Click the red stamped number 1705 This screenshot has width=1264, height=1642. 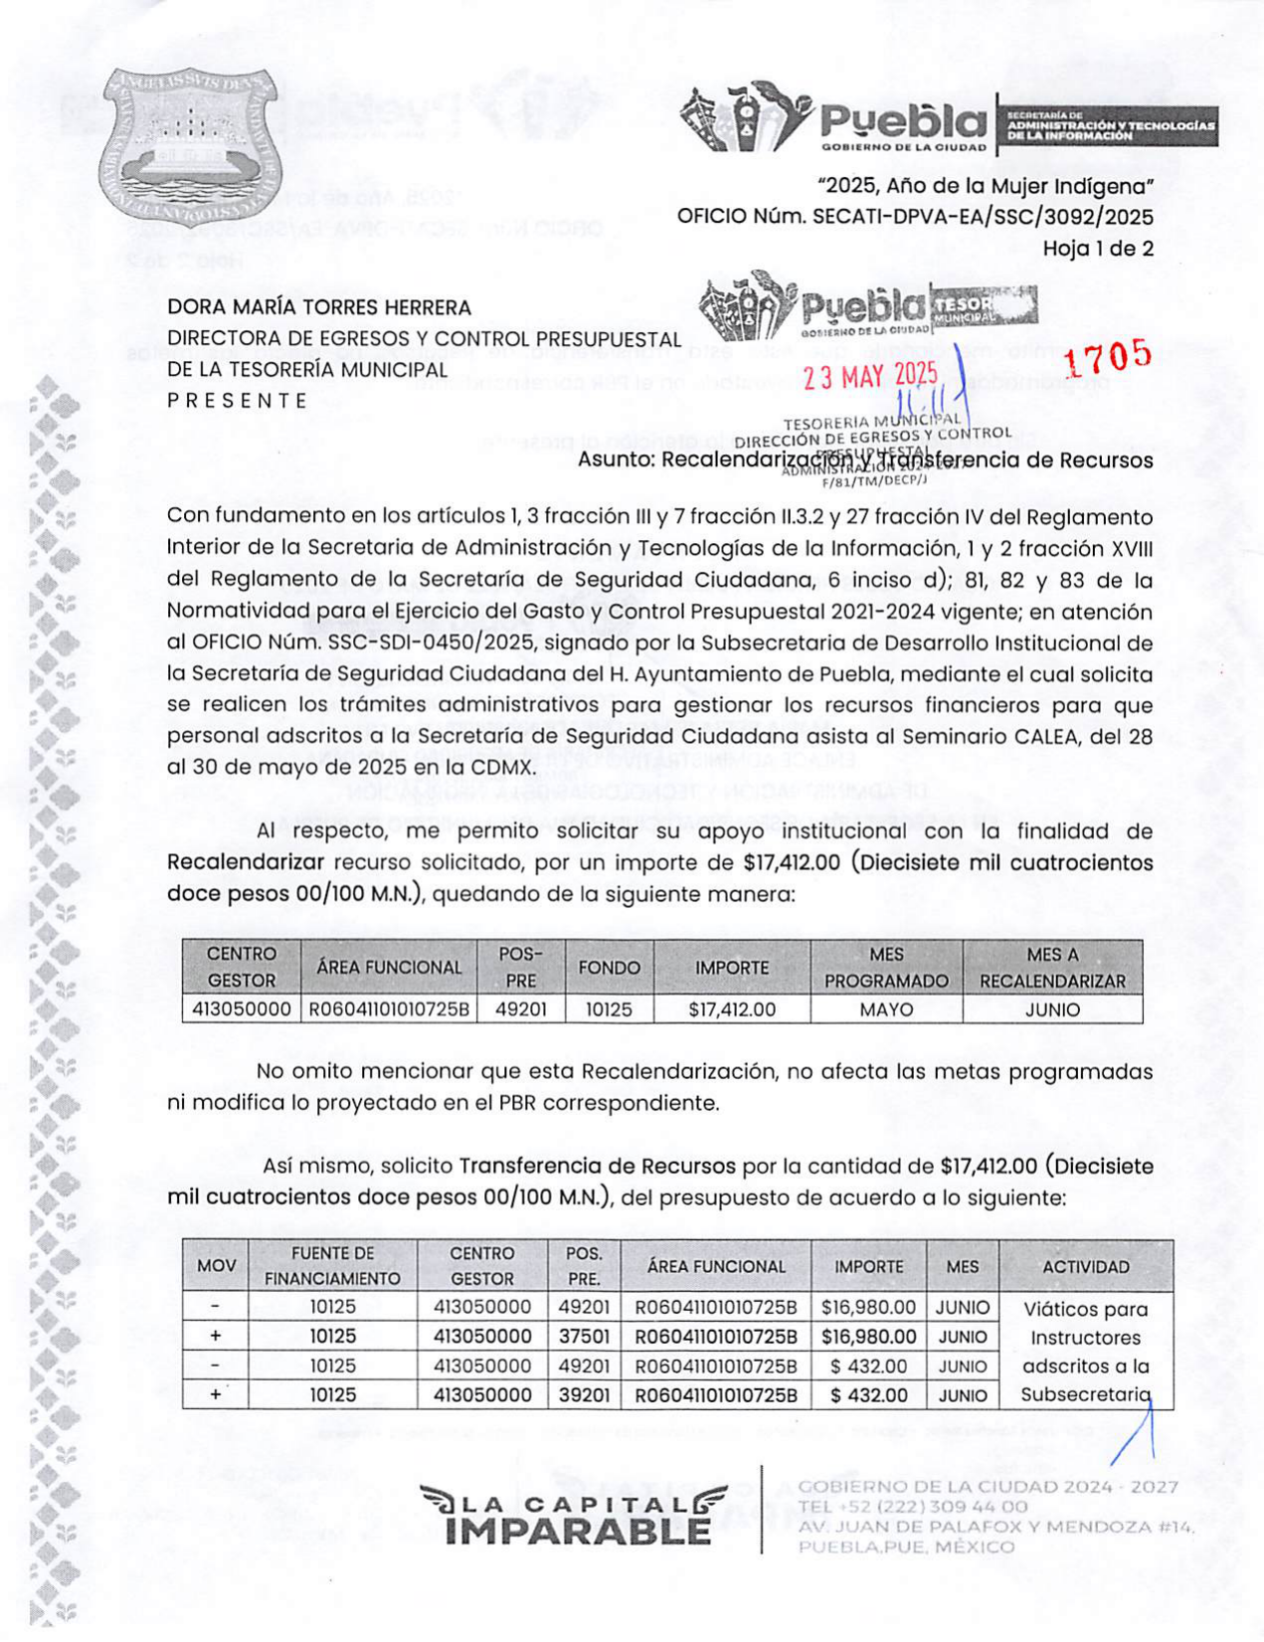click(1108, 355)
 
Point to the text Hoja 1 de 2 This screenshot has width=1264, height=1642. click(1097, 249)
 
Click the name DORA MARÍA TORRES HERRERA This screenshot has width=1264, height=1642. click(318, 308)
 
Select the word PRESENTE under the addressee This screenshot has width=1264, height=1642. click(238, 401)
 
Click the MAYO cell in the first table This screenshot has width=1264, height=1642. click(886, 1009)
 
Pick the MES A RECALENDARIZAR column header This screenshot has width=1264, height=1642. click(1052, 968)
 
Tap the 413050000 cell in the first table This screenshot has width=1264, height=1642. click(241, 1009)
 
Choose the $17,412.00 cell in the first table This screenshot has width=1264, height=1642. click(732, 1009)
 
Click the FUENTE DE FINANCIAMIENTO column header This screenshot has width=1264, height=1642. click(332, 1266)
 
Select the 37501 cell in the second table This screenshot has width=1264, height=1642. click(584, 1337)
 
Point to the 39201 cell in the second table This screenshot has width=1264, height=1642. click(584, 1395)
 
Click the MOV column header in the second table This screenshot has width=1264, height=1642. click(216, 1266)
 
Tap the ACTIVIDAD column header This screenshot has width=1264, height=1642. click(1085, 1267)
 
